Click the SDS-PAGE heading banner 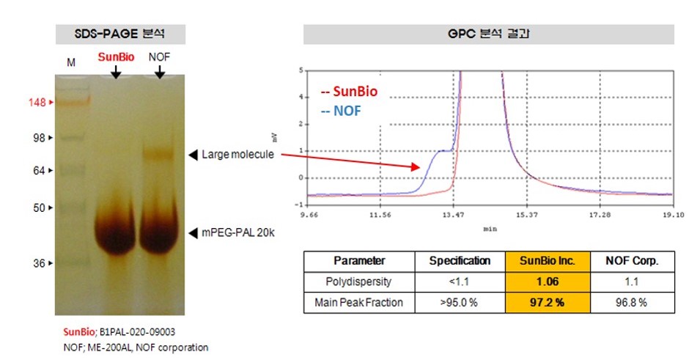point(121,34)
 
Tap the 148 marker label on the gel point(38,103)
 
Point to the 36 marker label point(40,263)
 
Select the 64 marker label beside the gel point(40,171)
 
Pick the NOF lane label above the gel point(161,56)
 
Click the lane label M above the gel point(71,63)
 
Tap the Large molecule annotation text point(237,155)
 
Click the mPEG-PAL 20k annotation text point(240,233)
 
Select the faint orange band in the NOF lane point(158,154)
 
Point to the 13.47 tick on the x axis point(454,216)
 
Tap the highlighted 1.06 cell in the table point(542,282)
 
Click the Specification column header point(460,261)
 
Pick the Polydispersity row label point(359,282)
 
